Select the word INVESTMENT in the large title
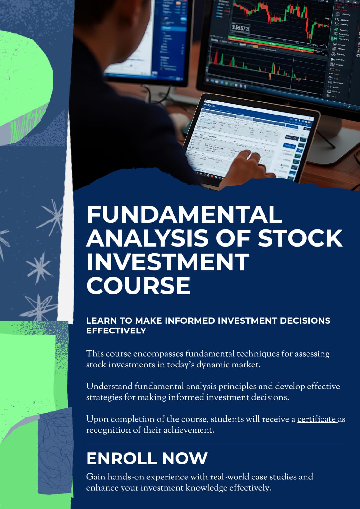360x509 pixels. (167, 261)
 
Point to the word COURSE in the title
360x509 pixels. (138, 285)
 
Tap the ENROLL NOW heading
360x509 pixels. (147, 458)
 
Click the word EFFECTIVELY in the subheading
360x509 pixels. (116, 331)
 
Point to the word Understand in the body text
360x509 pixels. (109, 386)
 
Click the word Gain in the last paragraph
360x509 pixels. (95, 477)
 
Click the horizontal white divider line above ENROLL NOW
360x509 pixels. (216, 443)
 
